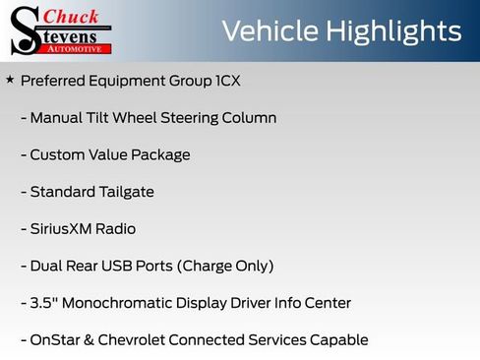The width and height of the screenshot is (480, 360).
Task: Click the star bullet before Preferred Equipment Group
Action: tap(10, 79)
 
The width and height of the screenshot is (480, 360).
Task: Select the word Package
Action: tap(160, 154)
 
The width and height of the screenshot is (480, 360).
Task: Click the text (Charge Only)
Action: tap(228, 266)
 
